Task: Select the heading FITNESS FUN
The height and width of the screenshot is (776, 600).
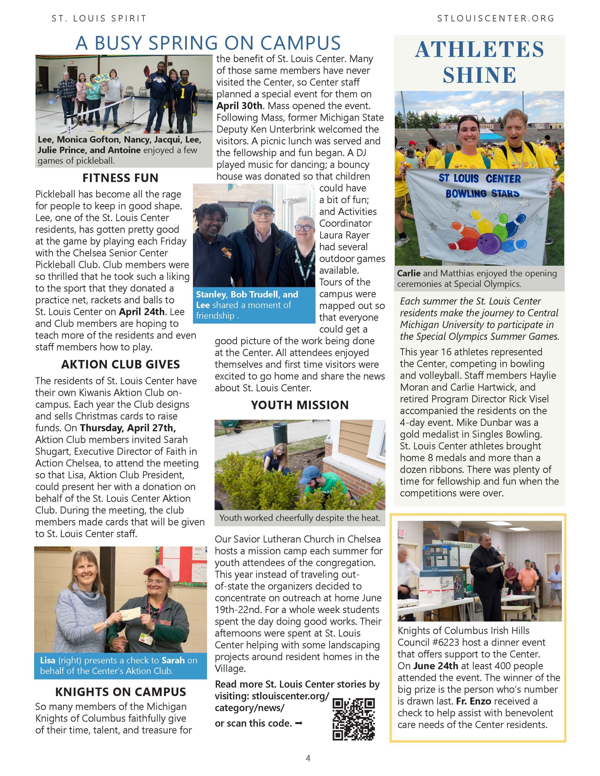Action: tap(120, 178)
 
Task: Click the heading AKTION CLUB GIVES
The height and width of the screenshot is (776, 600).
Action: tap(120, 364)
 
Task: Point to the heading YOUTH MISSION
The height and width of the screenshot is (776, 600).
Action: tap(300, 405)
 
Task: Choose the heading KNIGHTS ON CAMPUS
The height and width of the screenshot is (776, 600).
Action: tap(120, 692)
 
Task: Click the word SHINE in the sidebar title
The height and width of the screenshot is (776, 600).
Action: tap(479, 75)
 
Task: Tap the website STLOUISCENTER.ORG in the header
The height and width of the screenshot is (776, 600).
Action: tap(495, 18)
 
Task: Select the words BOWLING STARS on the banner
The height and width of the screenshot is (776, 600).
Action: tap(482, 194)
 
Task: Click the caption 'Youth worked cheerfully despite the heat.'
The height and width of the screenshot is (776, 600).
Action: tap(299, 518)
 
